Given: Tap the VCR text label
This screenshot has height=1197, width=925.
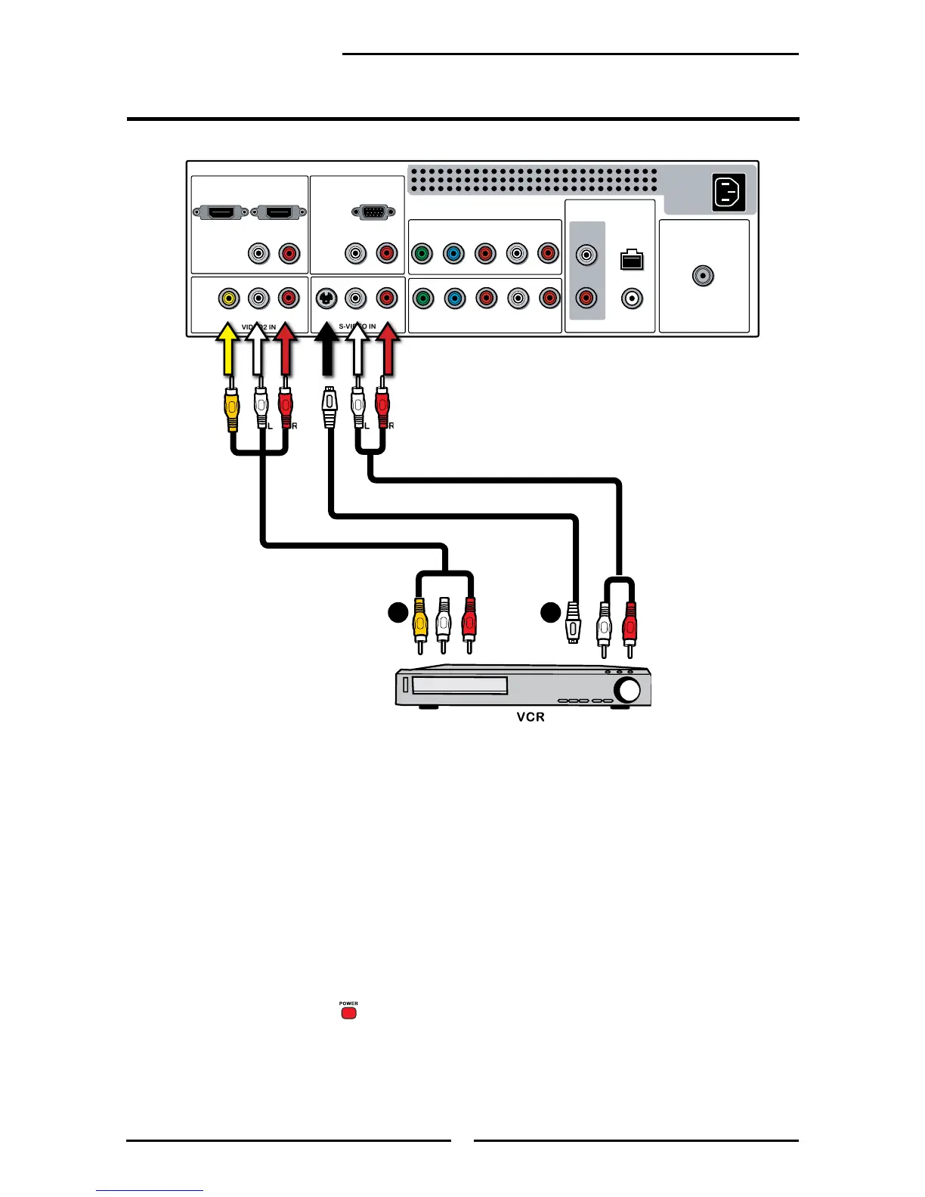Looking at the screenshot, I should coord(531,716).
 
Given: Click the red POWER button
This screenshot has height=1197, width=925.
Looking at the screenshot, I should coord(348,1013).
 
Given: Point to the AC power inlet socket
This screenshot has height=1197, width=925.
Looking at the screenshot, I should coord(729,192).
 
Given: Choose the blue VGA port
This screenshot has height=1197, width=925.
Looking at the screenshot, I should coord(372,212).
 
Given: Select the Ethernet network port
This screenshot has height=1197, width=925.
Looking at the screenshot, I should coord(631,260).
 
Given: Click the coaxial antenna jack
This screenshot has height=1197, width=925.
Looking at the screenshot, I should coord(704,276).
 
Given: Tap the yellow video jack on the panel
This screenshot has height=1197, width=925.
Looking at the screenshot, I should coord(228,298).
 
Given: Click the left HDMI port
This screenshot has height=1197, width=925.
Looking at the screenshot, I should coord(220,213).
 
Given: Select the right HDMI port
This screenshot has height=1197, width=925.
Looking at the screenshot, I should coord(278,213).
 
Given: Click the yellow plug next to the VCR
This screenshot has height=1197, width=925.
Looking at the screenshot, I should coord(420,623).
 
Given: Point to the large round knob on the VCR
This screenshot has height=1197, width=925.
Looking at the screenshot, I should coord(627,689).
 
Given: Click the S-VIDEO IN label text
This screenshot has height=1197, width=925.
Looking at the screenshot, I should coord(357,326).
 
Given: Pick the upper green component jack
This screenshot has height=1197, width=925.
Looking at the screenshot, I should coord(422,253).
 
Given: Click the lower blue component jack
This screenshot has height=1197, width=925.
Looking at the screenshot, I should coord(454,298).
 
